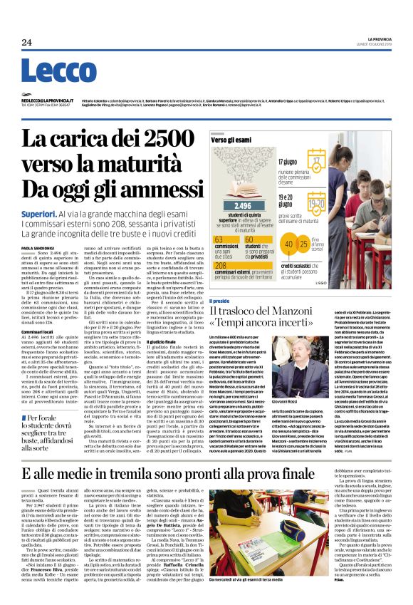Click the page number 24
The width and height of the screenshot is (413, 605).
click(x=26, y=43)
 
